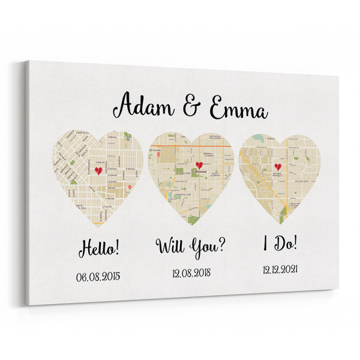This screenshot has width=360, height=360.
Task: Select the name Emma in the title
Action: pyautogui.click(x=237, y=111)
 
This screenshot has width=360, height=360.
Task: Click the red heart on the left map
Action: pyautogui.click(x=98, y=170)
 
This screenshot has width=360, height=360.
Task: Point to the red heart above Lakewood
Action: pyautogui.click(x=199, y=164)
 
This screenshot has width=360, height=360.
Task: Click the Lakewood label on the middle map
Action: pyautogui.click(x=199, y=172)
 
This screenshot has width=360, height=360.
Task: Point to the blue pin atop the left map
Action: pyautogui.click(x=127, y=137)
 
